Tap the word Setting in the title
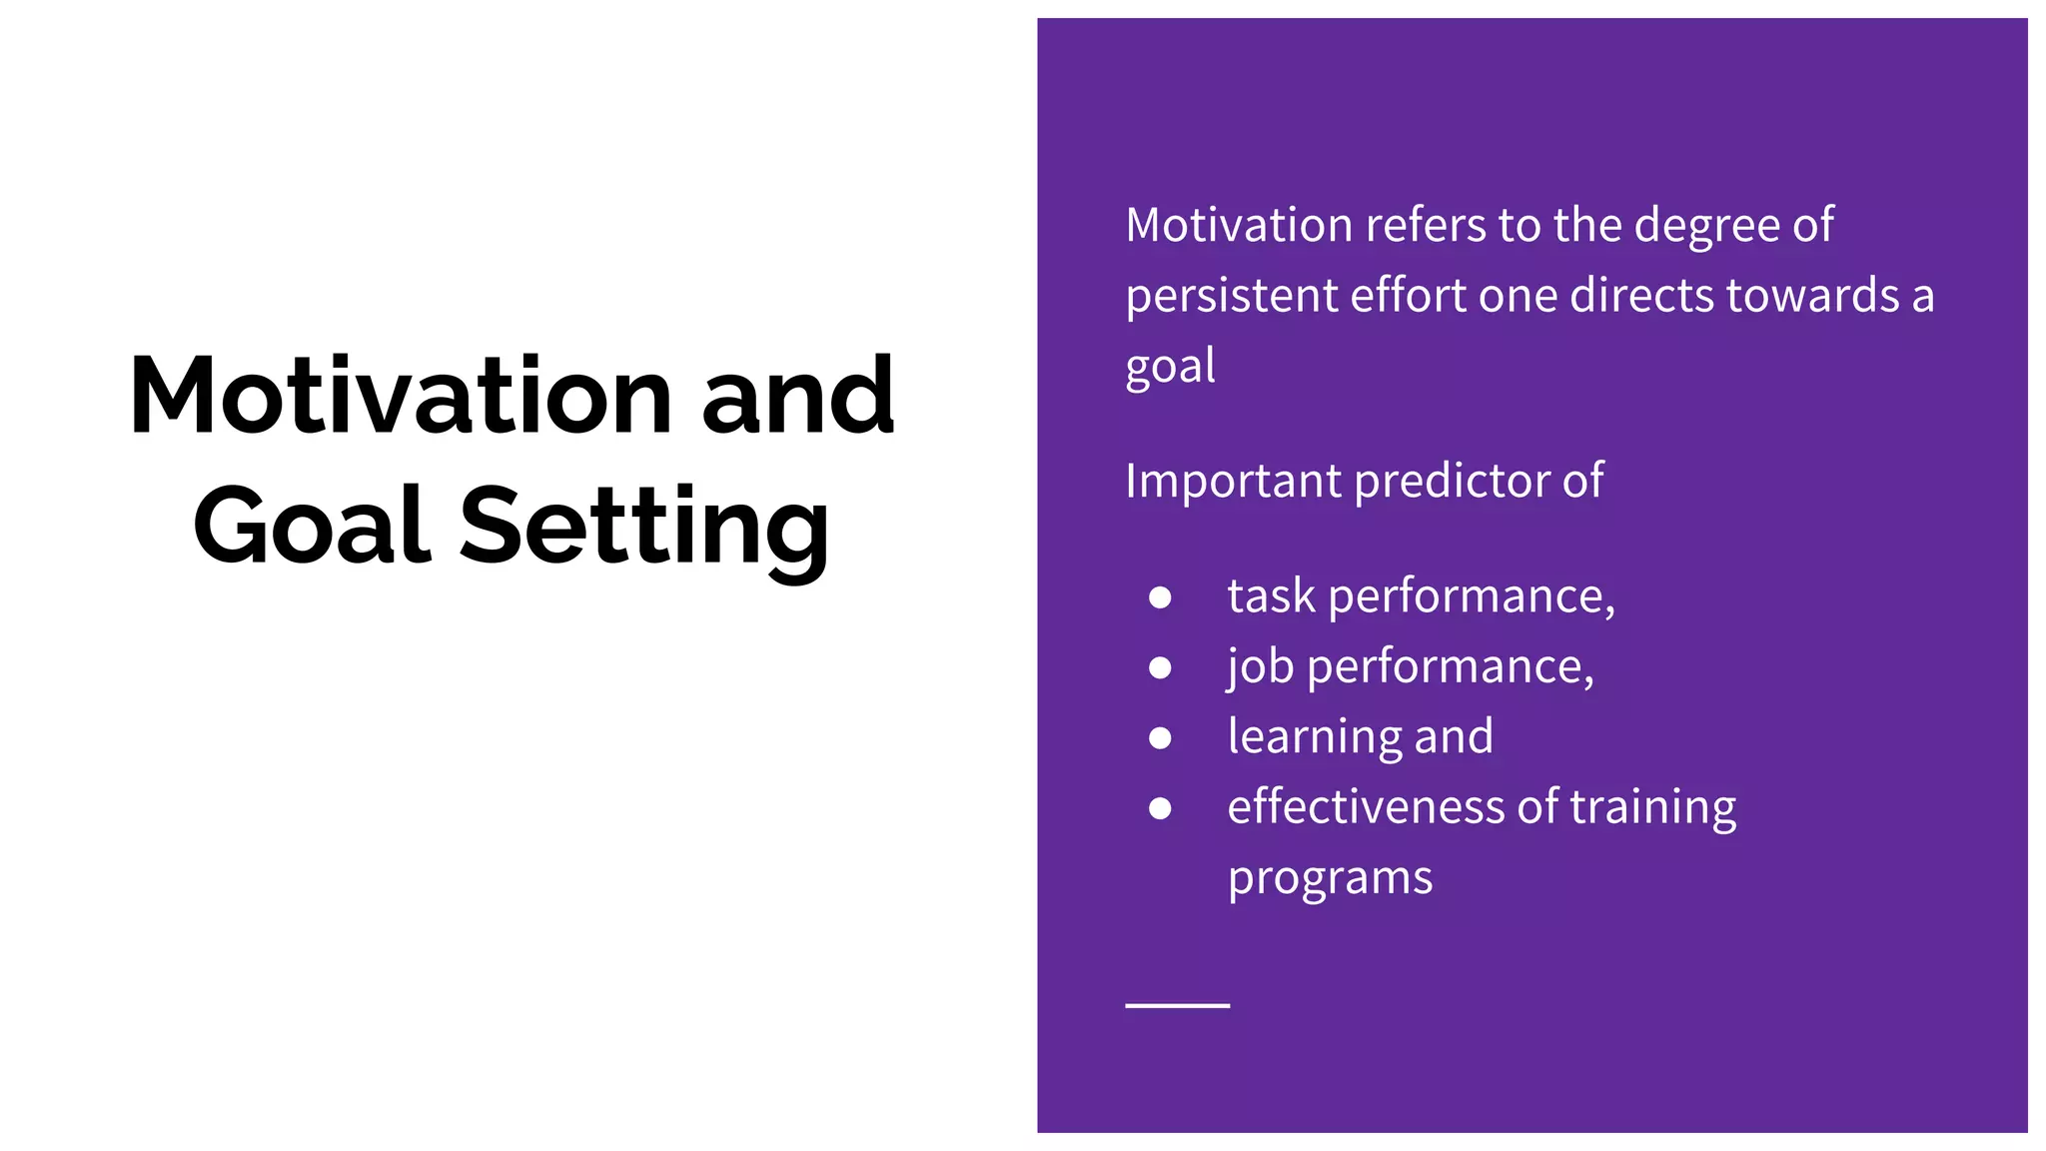pyautogui.click(x=643, y=526)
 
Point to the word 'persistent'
pyautogui.click(x=1231, y=297)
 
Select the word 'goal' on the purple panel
pyautogui.click(x=1170, y=367)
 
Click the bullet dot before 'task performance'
pyautogui.click(x=1160, y=597)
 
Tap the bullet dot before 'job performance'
pyautogui.click(x=1160, y=667)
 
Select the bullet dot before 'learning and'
pyautogui.click(x=1160, y=737)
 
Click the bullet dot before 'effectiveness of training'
pyautogui.click(x=1160, y=807)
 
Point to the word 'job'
pyautogui.click(x=1259, y=667)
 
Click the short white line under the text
pyautogui.click(x=1177, y=1005)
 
